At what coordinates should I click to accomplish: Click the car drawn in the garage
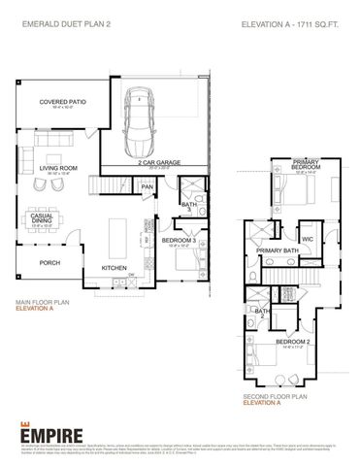143,125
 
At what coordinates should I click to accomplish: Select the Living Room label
58,168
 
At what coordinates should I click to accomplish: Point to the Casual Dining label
42,217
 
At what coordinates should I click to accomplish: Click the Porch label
49,262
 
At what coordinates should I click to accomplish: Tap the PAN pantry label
147,187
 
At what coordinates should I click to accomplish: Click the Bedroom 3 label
179,240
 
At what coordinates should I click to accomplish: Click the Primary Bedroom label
306,166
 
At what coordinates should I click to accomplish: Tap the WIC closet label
307,238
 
